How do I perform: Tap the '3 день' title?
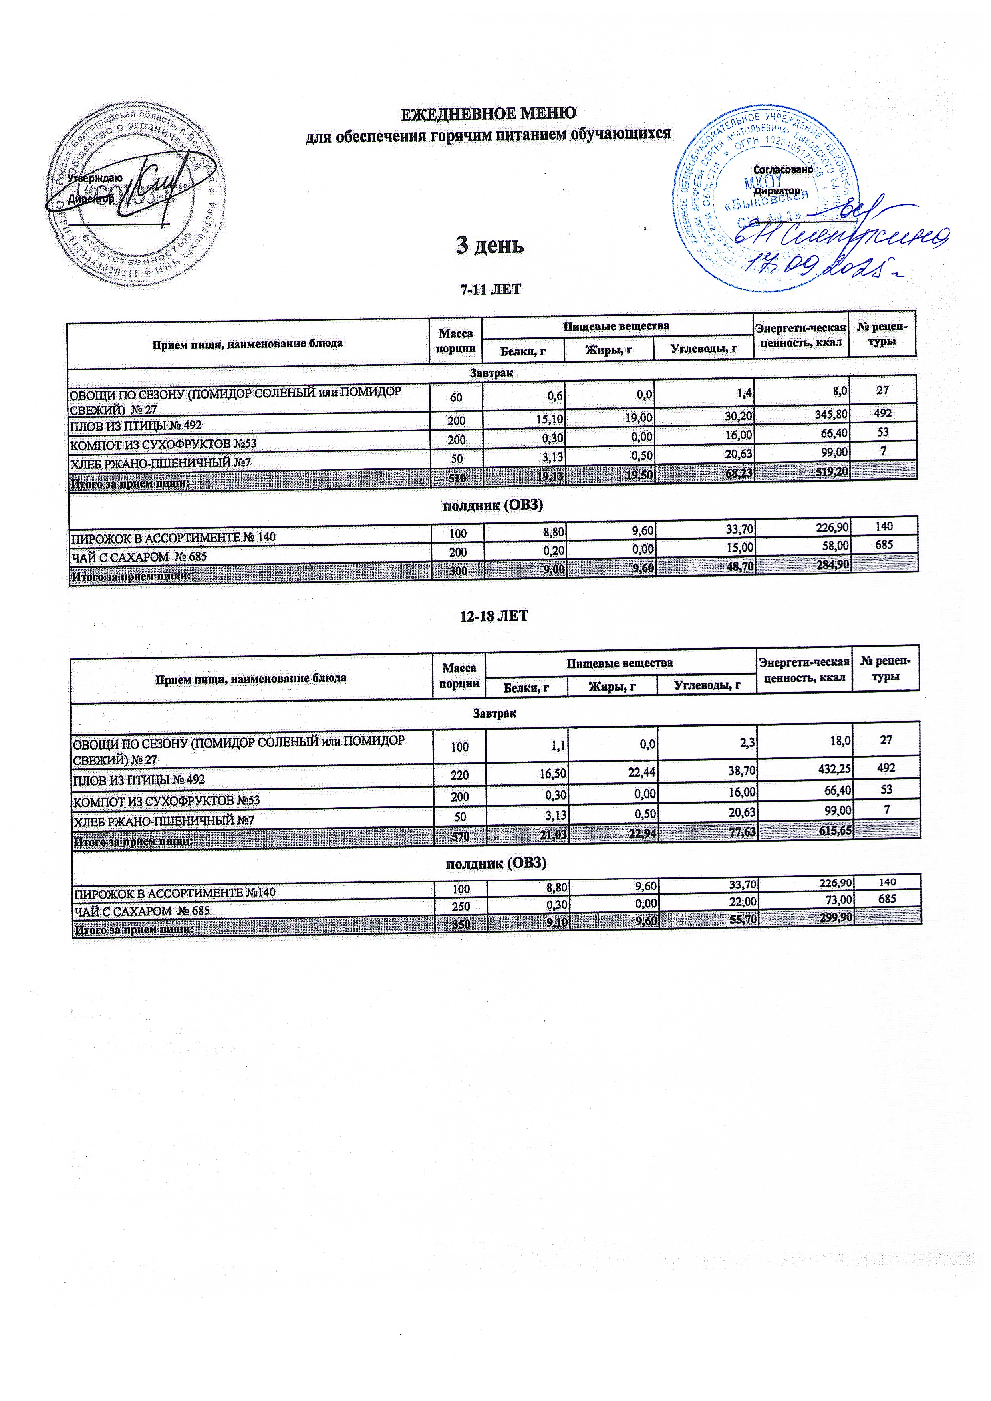click(x=490, y=245)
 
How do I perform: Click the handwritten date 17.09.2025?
click(x=824, y=267)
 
